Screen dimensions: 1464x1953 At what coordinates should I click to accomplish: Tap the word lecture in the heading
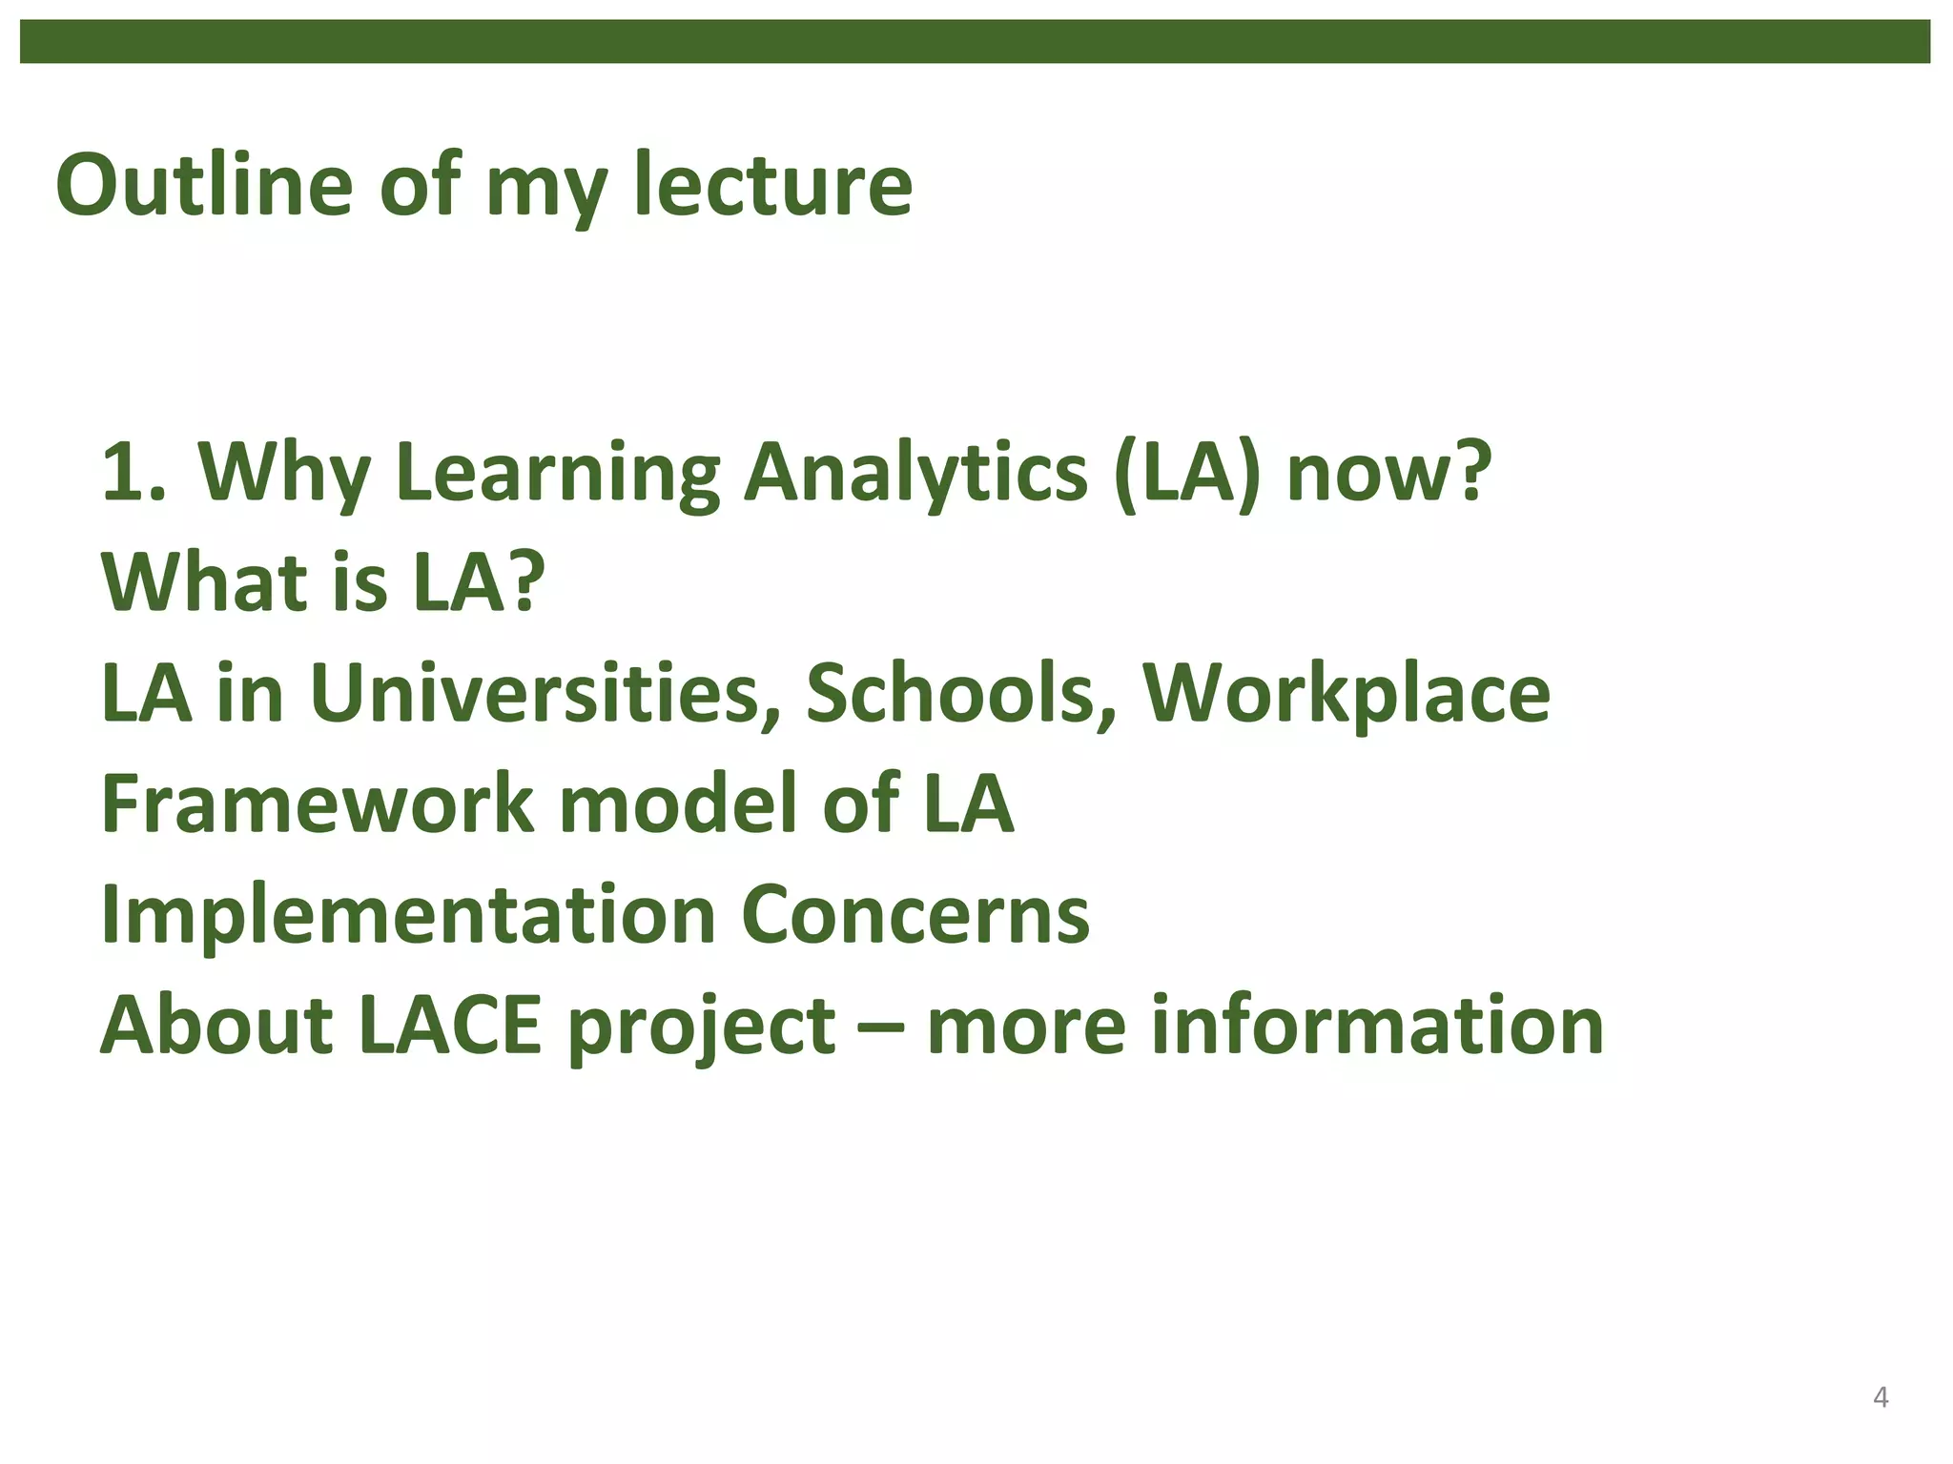pos(772,184)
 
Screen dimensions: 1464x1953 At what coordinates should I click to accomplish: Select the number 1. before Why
pos(133,472)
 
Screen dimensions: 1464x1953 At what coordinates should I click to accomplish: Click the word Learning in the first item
pos(557,474)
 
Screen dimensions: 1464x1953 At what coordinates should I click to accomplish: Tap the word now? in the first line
pos(1388,474)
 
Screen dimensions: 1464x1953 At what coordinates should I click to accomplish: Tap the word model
pos(677,803)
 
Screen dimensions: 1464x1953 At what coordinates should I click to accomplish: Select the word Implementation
pos(408,915)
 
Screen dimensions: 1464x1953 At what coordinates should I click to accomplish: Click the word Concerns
pos(915,915)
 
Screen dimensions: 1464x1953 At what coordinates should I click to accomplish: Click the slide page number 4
pos(1881,1397)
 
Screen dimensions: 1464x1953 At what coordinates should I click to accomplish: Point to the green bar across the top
pos(975,42)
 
